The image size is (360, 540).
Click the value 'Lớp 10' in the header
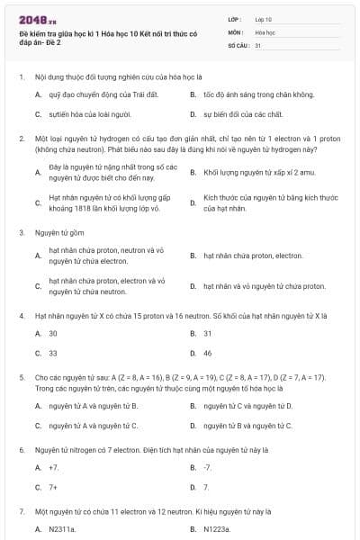coord(264,18)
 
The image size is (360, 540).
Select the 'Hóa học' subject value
coord(265,31)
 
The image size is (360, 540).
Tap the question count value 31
coord(258,44)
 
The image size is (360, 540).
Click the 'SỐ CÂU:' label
coord(237,44)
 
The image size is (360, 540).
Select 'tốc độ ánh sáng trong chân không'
coord(246,94)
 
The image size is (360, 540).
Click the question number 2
coord(22,139)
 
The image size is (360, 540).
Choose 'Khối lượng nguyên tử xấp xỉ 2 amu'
coord(251,172)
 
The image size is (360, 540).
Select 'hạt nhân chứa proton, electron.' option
coord(252,256)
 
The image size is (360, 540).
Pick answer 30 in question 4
coord(53,333)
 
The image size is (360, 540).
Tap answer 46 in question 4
coord(208,354)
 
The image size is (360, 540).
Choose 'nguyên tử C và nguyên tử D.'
coord(247,406)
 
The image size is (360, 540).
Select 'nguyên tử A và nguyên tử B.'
coord(93,406)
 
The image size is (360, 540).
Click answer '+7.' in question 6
coord(54,467)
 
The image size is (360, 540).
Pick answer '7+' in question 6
coord(53,488)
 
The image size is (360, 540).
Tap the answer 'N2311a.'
coord(62,529)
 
